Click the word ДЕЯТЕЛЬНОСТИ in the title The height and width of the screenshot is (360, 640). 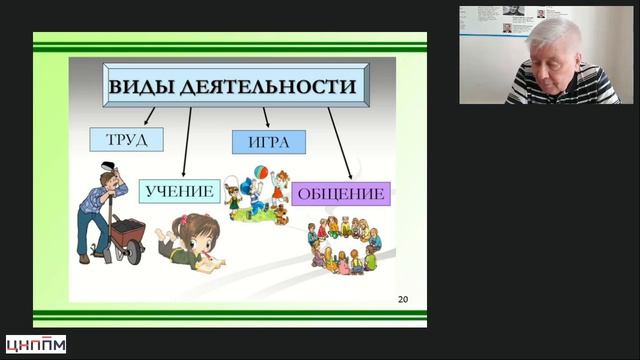(269, 87)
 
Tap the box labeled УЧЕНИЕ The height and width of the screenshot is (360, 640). (179, 190)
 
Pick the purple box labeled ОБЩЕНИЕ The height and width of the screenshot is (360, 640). (340, 193)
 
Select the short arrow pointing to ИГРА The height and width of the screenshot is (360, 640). (265, 117)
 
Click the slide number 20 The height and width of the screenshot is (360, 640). (403, 299)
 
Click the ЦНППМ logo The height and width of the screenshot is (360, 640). (36, 344)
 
